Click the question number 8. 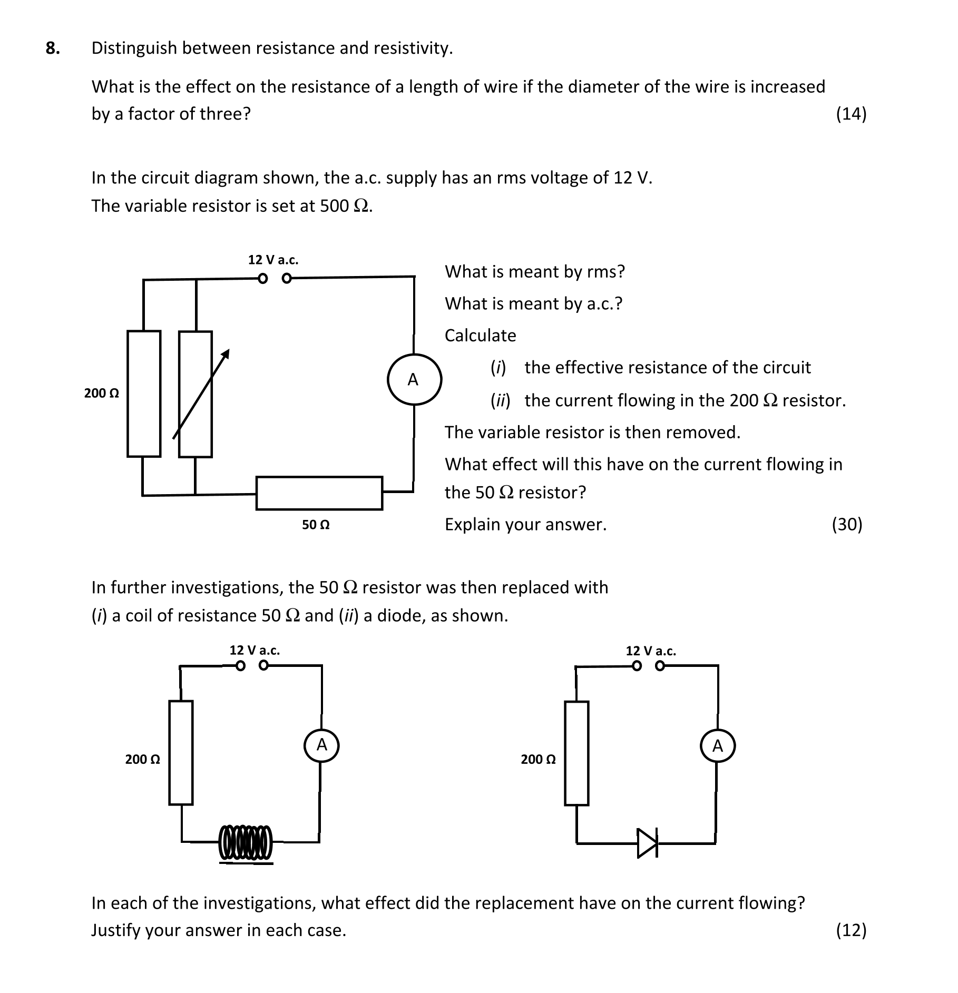53,48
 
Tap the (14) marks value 851,114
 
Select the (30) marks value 846,525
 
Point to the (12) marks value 851,930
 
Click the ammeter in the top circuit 414,379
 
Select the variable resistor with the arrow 196,394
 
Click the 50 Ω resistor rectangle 319,493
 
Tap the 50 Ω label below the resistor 316,525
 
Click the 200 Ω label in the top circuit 102,394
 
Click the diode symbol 647,843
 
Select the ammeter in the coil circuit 321,745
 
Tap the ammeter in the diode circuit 717,746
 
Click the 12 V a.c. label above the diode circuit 650,651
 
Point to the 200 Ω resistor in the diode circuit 576,753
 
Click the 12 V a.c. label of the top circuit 273,260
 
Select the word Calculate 480,336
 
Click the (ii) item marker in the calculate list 500,401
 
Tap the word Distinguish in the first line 134,48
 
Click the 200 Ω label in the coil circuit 142,759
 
